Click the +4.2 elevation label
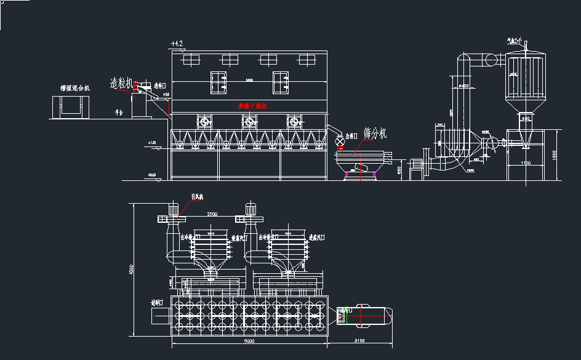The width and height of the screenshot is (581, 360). coord(177,44)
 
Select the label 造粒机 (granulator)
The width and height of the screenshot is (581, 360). coord(121,82)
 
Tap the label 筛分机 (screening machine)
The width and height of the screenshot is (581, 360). coord(375,133)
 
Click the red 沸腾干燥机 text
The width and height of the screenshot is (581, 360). coord(252,106)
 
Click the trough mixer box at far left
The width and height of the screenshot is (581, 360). coord(70,108)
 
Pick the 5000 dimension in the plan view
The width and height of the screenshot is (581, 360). coord(249,340)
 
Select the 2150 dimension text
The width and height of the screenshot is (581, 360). coord(359,340)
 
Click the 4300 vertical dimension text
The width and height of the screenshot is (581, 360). coord(130,270)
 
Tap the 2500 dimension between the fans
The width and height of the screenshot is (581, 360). coord(212,214)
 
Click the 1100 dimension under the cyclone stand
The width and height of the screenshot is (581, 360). coord(525,163)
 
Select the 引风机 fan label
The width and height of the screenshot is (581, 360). coord(197,197)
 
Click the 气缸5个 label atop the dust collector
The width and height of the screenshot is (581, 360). coord(514,40)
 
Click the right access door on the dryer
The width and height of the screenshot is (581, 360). coord(281,82)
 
